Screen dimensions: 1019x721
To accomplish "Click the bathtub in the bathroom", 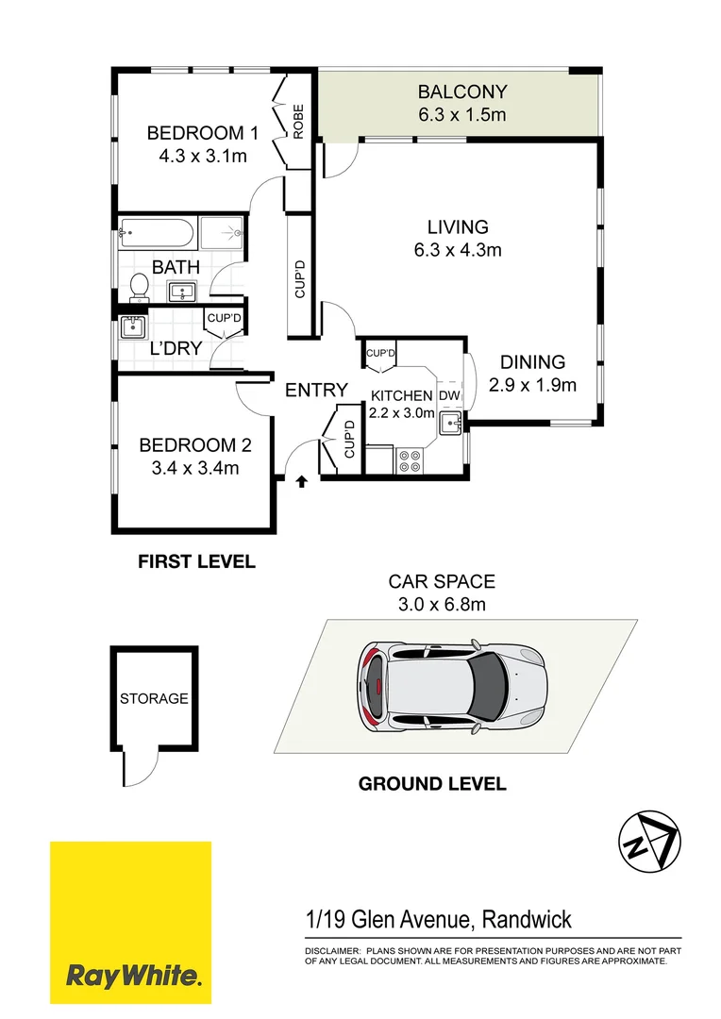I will pos(157,232).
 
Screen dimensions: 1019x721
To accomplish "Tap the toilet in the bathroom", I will pos(139,286).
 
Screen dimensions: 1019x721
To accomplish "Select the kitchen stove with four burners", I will pos(411,460).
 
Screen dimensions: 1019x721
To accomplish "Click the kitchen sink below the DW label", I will pos(449,422).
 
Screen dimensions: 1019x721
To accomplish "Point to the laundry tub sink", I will pos(132,328).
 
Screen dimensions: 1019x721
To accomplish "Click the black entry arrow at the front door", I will pos(301,482).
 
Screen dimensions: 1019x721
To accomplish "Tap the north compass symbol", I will pos(647,839).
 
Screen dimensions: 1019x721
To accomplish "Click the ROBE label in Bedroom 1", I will pos(298,122).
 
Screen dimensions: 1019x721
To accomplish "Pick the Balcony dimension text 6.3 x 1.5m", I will pos(462,115).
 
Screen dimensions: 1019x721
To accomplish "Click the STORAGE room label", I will pos(154,699).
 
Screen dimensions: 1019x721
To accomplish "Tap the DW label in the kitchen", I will pos(449,395).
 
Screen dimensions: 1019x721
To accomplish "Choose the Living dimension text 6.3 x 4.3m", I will pos(458,250).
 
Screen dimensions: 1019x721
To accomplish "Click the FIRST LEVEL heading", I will pos(196,562).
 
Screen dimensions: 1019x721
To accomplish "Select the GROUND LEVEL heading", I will pos(431,783).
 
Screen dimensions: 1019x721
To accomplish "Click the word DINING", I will pos(532,361).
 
